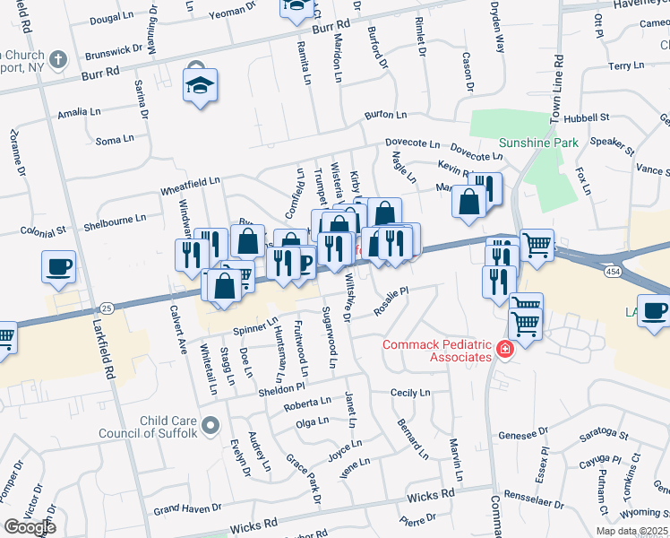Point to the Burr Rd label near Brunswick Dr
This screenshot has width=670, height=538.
click(99, 73)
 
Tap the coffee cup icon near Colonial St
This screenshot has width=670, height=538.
click(58, 266)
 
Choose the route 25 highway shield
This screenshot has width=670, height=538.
click(106, 308)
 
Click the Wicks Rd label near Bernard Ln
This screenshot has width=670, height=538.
click(431, 494)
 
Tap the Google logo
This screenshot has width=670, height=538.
click(29, 526)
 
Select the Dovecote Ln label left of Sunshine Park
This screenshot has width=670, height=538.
click(412, 143)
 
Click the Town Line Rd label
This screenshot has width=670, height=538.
click(556, 90)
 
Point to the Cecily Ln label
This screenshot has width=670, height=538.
click(410, 393)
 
